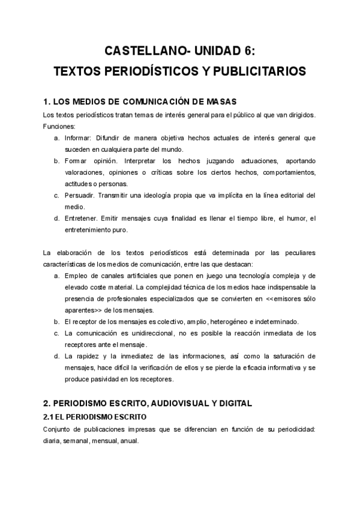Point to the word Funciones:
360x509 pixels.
click(59, 126)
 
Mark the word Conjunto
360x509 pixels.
click(58, 429)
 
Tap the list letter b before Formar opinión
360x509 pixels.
click(56, 161)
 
